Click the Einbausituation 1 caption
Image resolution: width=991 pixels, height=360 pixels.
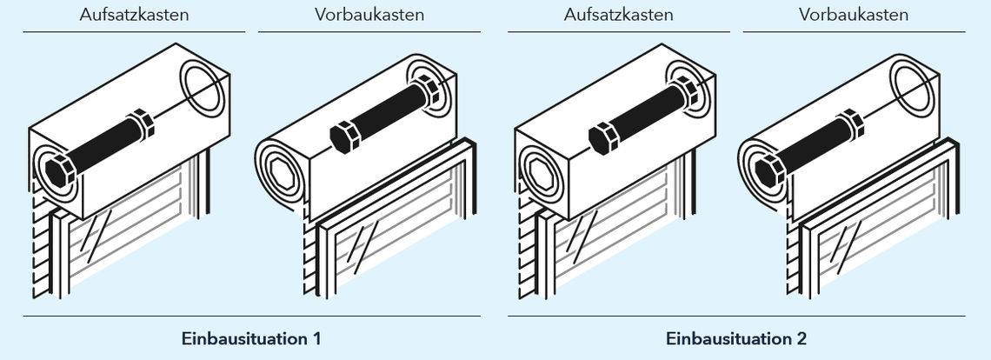click(x=251, y=338)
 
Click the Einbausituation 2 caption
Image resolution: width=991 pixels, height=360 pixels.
click(x=736, y=338)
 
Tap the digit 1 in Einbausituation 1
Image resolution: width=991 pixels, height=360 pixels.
click(x=316, y=338)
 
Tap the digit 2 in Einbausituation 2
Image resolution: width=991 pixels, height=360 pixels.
click(x=801, y=338)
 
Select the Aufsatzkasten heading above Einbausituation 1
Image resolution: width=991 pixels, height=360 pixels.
click(x=134, y=15)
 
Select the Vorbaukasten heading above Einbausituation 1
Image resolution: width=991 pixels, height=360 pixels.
click(x=369, y=15)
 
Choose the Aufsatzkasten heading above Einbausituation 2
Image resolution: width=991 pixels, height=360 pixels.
click(x=619, y=15)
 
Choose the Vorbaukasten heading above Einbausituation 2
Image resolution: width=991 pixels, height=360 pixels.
click(x=854, y=15)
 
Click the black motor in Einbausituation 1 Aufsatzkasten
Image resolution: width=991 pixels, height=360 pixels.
click(x=100, y=148)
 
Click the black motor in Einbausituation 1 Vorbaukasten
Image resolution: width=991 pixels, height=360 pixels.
click(x=385, y=113)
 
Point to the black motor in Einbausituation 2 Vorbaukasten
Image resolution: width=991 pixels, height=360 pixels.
click(x=809, y=148)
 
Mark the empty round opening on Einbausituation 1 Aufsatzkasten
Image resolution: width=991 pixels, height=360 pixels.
click(x=203, y=88)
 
